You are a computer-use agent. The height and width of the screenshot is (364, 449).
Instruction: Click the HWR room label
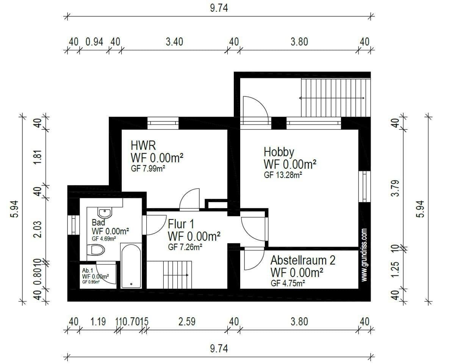tap(143, 145)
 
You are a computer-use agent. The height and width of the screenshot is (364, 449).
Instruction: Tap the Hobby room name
tap(279, 152)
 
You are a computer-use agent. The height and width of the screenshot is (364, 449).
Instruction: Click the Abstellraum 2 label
tap(303, 260)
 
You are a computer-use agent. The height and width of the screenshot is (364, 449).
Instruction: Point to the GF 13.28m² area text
tap(283, 175)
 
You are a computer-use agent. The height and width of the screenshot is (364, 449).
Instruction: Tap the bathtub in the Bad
tap(131, 265)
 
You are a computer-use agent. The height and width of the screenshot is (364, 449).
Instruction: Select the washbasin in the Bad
tap(103, 213)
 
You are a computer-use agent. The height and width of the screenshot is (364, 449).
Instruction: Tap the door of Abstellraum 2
tap(253, 258)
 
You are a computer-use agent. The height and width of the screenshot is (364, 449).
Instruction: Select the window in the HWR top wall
tap(163, 122)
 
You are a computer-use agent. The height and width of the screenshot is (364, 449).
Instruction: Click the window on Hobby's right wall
tap(364, 186)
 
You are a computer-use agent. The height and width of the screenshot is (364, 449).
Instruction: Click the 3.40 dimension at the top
tap(174, 42)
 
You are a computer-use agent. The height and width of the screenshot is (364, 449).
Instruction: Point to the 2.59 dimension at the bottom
tap(187, 322)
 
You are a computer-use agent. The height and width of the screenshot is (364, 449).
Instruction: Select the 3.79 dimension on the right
tap(395, 188)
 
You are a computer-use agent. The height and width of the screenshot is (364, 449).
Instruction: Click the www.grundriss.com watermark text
tap(364, 255)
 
